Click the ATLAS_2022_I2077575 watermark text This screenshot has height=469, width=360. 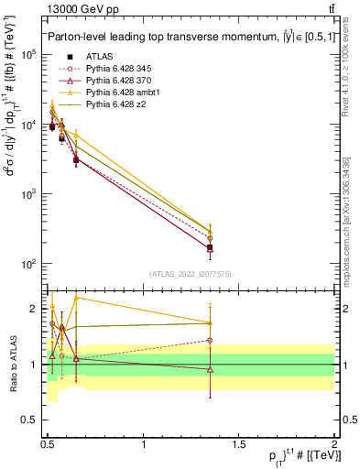pyautogui.click(x=190, y=273)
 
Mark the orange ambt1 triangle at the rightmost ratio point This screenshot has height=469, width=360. pyautogui.click(x=211, y=322)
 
